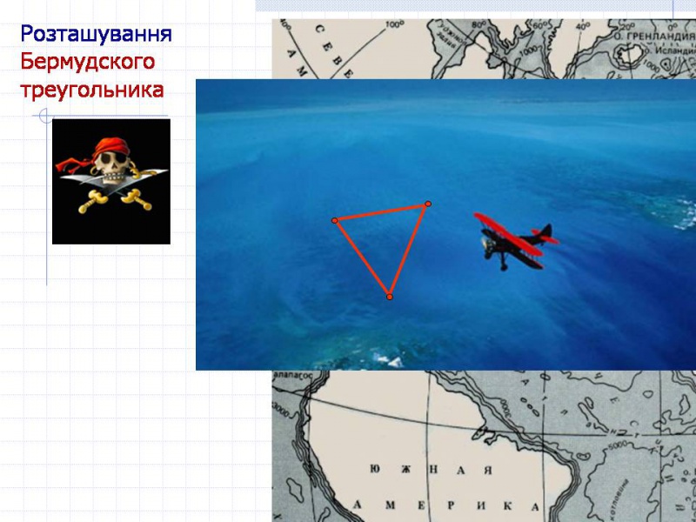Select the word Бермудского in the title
click(x=88, y=63)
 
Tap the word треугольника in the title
click(x=92, y=90)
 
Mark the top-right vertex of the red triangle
click(x=428, y=204)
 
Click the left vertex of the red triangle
click(x=334, y=220)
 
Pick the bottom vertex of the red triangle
click(x=390, y=298)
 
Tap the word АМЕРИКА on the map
click(x=444, y=505)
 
